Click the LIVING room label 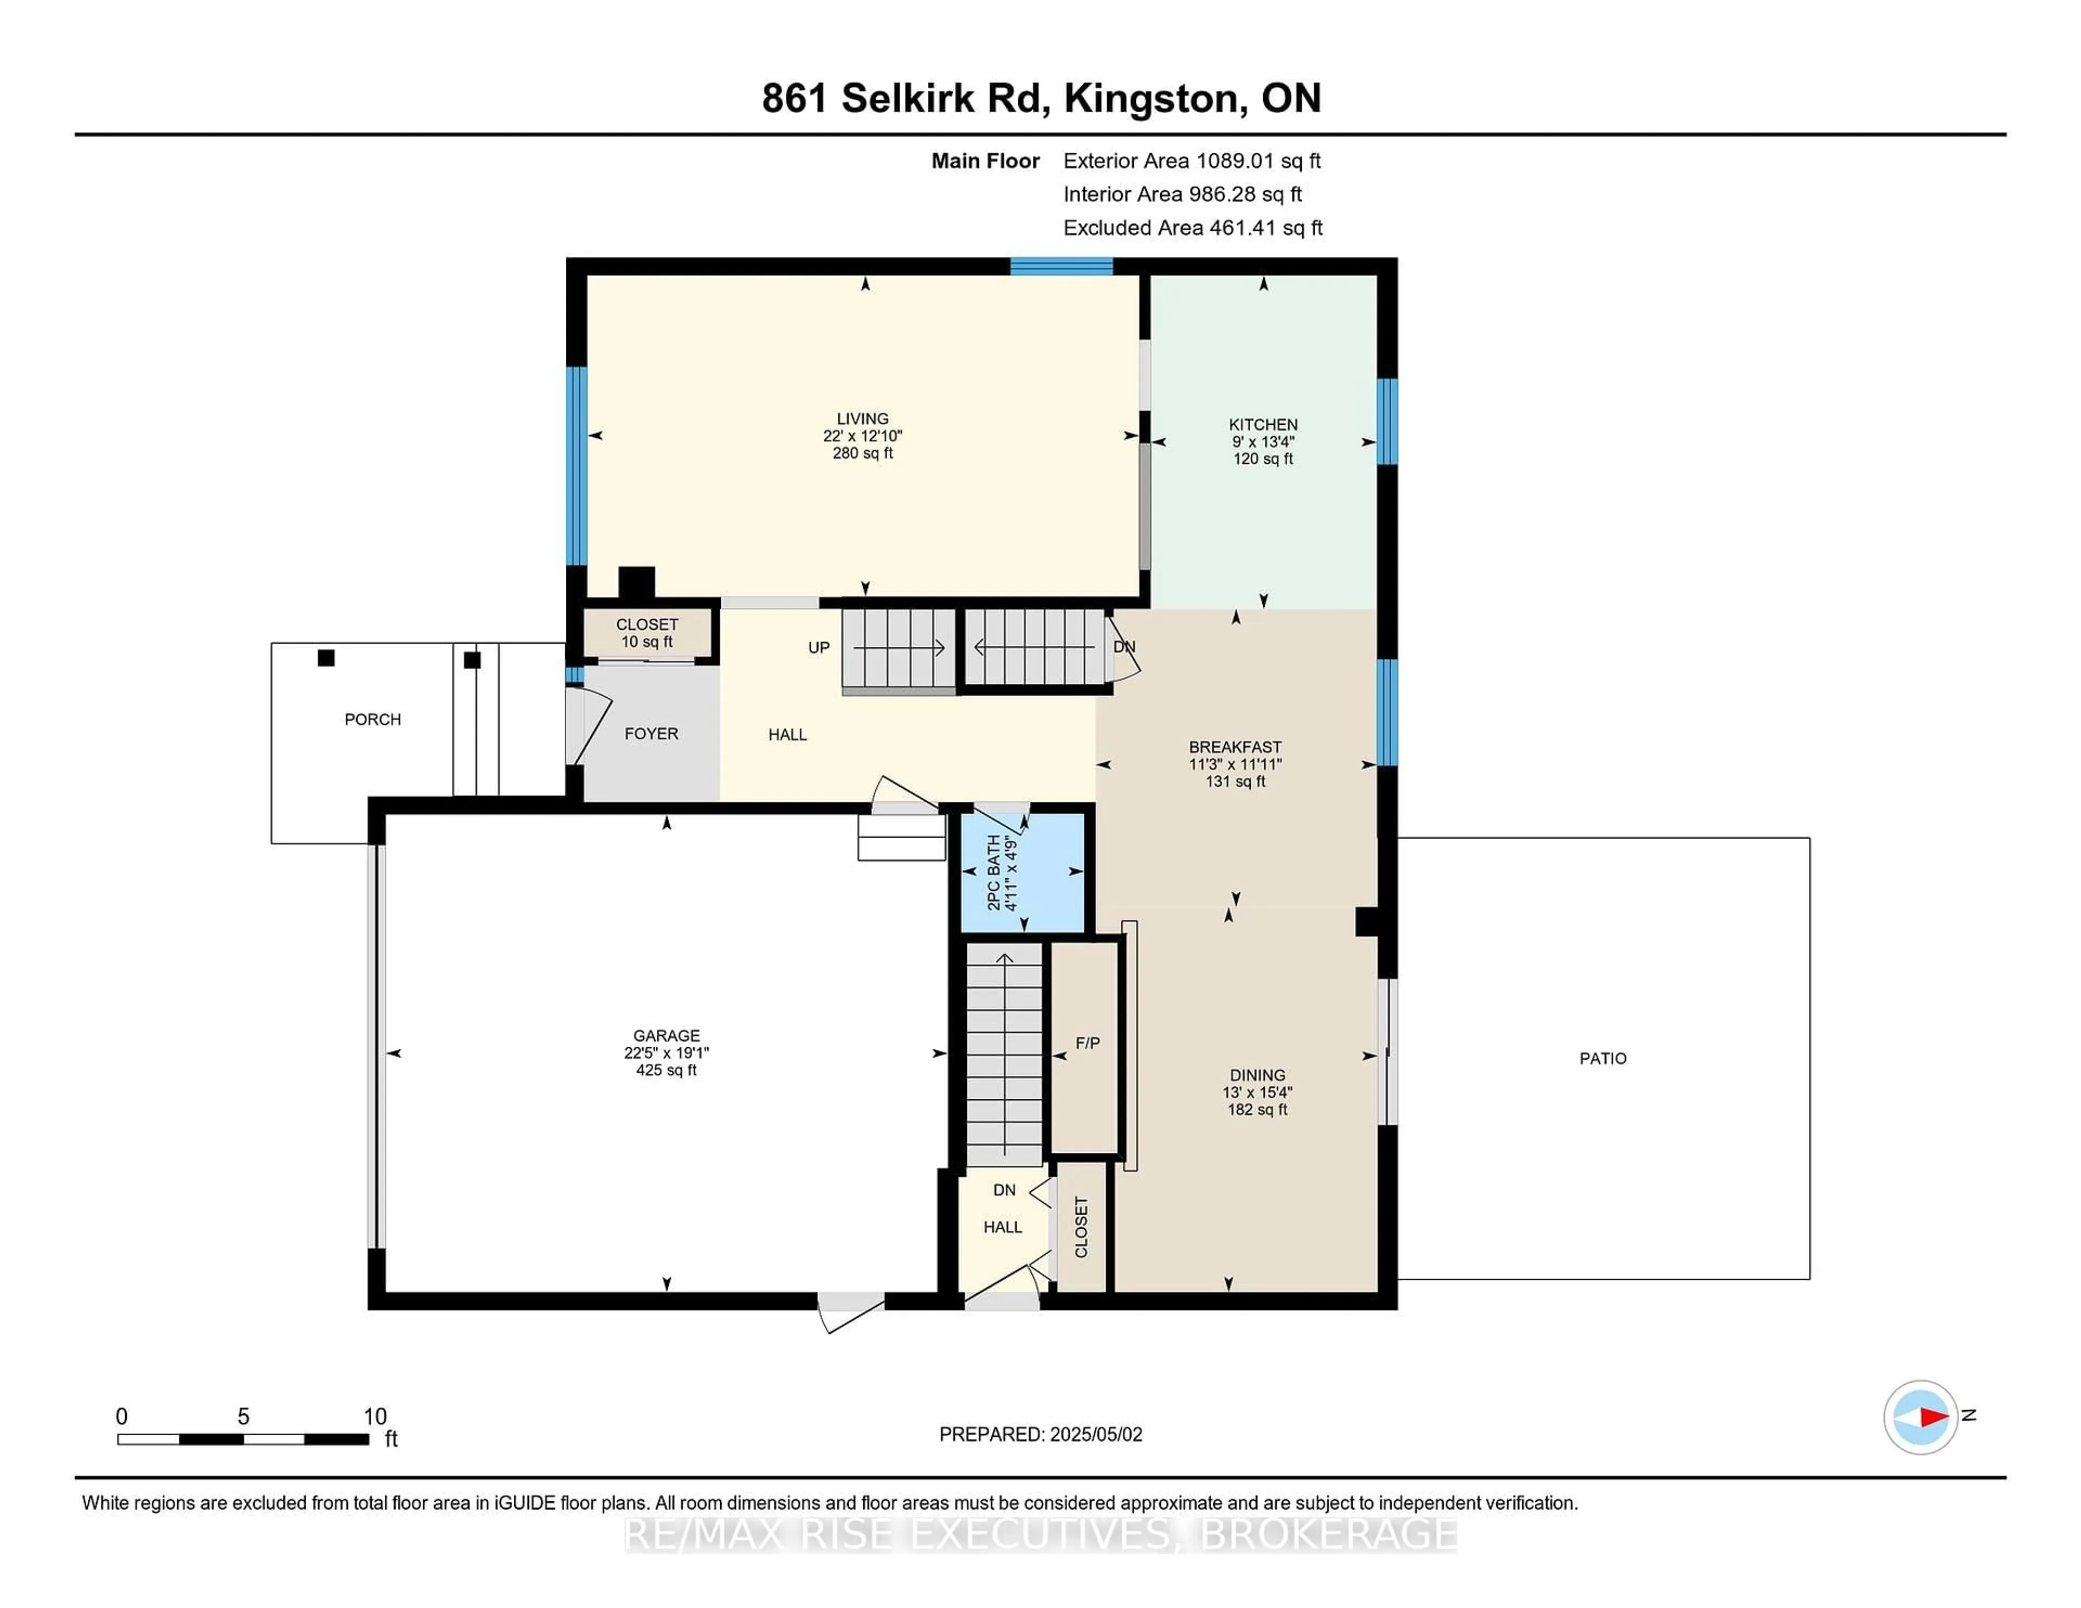(862, 418)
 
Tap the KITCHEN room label (1263, 425)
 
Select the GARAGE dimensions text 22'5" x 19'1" (666, 1053)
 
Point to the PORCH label (372, 719)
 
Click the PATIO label (1602, 1058)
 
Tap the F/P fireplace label (1087, 1043)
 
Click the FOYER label (652, 734)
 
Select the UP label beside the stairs (818, 648)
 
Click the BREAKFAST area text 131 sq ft (1235, 781)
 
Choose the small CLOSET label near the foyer (647, 625)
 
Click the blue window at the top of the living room (1062, 266)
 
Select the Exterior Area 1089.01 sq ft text (1192, 161)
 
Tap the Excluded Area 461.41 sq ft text (1193, 228)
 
